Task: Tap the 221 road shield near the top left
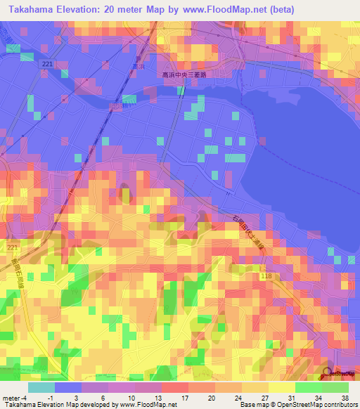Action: [47, 64]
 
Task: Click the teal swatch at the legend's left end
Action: [41, 387]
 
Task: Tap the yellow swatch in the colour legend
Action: [281, 387]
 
